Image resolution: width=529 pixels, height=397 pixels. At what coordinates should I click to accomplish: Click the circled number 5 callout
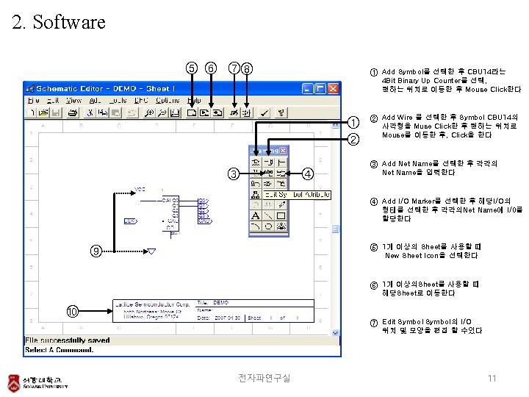tap(192, 68)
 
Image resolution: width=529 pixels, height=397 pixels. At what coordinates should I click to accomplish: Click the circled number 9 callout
tap(95, 251)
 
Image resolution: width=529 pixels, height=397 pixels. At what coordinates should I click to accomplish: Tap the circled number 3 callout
tap(233, 174)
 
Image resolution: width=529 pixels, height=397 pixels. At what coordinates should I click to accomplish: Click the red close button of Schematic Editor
tap(334, 87)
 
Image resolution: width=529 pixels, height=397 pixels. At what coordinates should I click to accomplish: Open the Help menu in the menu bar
tap(194, 100)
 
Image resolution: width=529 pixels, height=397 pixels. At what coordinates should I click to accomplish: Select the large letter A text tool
tap(255, 216)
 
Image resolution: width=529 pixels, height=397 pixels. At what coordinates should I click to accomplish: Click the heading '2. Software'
tap(59, 22)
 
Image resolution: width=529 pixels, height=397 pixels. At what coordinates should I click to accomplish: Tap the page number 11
tap(492, 378)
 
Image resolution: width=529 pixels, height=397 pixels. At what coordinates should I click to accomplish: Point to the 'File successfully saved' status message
tap(67, 340)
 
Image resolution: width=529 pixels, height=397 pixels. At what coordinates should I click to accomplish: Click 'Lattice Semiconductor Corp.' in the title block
tap(152, 303)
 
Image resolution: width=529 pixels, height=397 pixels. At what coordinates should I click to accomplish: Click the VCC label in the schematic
tap(140, 189)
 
